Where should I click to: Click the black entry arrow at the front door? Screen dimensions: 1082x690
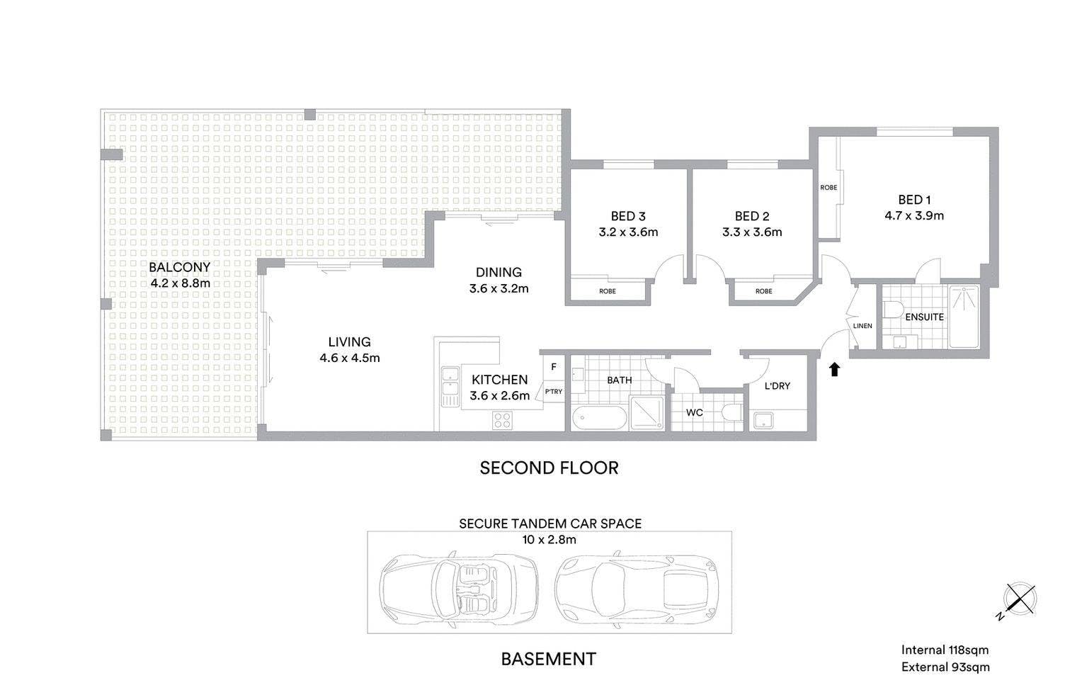[834, 370]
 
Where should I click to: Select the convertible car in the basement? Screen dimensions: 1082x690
[459, 590]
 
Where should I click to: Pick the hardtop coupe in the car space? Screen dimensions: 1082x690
[637, 590]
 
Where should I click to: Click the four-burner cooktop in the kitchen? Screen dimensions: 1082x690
[502, 420]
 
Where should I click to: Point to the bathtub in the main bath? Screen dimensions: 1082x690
[599, 417]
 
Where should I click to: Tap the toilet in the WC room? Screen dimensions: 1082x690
[731, 412]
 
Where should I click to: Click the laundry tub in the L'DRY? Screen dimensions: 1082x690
[763, 420]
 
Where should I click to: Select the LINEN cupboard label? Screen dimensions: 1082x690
[862, 326]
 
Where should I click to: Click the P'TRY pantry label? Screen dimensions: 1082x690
[554, 391]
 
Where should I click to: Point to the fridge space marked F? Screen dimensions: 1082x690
[554, 367]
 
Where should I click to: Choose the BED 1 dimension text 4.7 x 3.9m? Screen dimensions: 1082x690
[914, 216]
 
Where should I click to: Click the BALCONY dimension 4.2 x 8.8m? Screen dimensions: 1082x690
[180, 283]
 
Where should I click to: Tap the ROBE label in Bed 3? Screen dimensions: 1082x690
[607, 291]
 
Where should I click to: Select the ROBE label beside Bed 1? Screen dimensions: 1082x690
[829, 188]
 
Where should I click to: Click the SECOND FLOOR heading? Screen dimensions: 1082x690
[549, 468]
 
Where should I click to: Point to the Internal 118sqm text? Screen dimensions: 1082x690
[945, 650]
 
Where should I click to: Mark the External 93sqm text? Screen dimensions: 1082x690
[945, 667]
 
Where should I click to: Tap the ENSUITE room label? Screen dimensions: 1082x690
[925, 317]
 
